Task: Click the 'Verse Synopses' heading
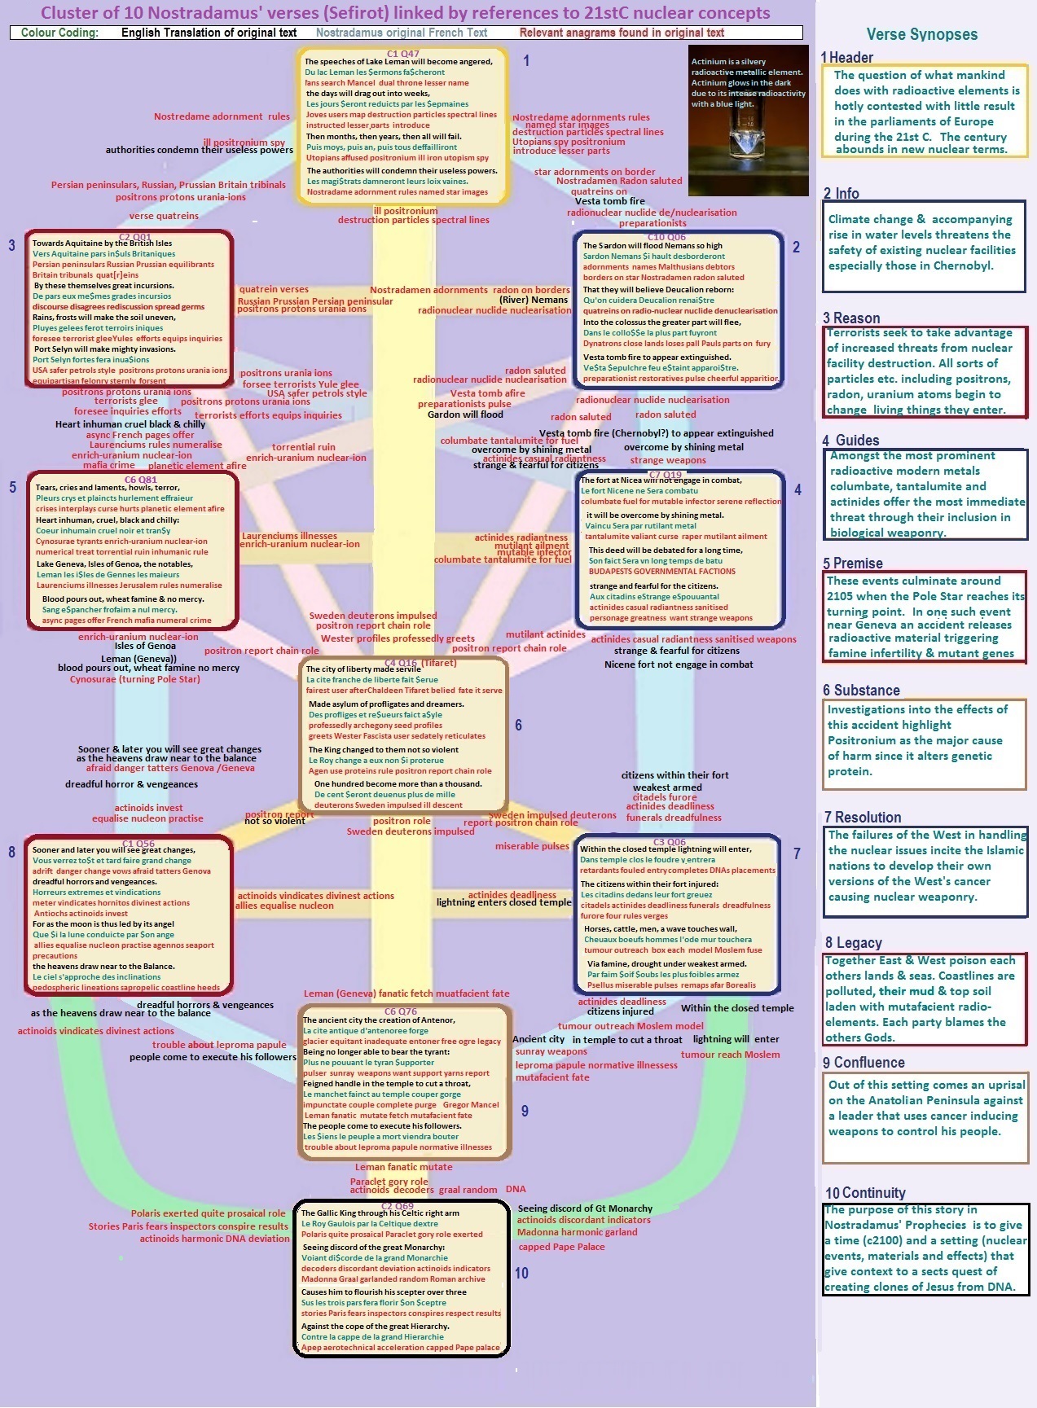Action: coord(921,34)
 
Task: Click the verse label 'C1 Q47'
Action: coord(402,54)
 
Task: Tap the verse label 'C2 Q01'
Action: coord(134,237)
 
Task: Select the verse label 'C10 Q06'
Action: coord(666,237)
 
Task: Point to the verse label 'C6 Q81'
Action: coord(140,480)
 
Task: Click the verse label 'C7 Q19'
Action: coord(665,475)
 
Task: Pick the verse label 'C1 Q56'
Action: coord(138,844)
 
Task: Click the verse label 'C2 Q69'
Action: coord(398,1206)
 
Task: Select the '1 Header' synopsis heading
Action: coord(847,57)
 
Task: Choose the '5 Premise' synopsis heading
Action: coord(852,564)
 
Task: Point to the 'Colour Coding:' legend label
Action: coord(59,33)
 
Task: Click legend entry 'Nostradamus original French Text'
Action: coord(401,33)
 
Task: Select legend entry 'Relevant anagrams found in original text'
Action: coord(622,33)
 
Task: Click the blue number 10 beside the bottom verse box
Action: coord(521,1273)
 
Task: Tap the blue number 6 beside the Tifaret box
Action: coord(518,725)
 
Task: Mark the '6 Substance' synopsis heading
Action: coord(861,691)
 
